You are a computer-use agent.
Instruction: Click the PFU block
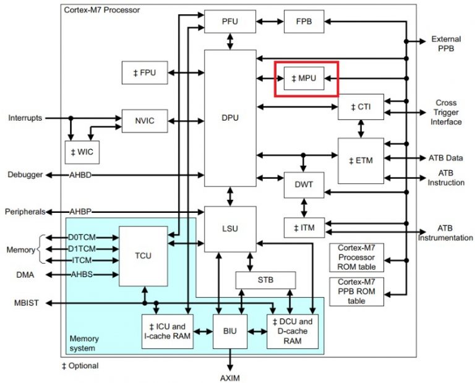click(x=229, y=22)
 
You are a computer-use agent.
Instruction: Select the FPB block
click(x=304, y=22)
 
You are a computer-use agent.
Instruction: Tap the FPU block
click(x=145, y=73)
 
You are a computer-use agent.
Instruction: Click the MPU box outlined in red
click(x=304, y=79)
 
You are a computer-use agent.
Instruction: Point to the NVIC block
click(x=145, y=121)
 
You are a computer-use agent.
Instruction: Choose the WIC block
click(x=82, y=152)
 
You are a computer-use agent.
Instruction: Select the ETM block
click(x=361, y=160)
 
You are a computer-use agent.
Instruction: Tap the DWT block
click(x=304, y=184)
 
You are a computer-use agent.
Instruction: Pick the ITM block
click(x=304, y=228)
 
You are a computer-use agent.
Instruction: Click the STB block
click(x=265, y=280)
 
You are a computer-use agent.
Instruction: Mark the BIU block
click(x=229, y=332)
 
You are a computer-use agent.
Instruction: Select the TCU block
click(x=143, y=256)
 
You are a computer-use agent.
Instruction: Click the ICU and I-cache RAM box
click(x=167, y=332)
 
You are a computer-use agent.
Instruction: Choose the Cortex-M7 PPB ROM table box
click(x=356, y=291)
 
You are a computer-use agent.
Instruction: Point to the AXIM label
click(x=229, y=377)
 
